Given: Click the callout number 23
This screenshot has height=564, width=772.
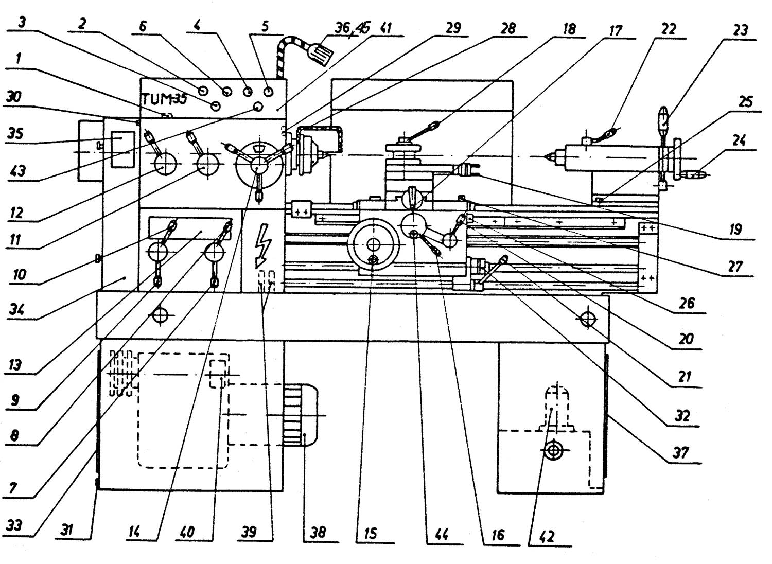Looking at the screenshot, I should coord(740,30).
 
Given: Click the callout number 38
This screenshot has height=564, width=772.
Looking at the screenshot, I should coord(318,532).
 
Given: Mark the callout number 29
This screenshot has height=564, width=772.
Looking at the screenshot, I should coord(453,27).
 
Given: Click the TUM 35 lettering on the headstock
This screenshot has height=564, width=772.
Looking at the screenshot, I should coord(164,98).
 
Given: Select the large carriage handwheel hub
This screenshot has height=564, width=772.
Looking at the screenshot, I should coord(374,244).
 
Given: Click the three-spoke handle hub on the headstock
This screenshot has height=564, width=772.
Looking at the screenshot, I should coord(259,164).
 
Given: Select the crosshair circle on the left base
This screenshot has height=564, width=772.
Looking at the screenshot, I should coord(161,314).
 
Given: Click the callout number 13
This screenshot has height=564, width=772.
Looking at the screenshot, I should coord(15,365).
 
